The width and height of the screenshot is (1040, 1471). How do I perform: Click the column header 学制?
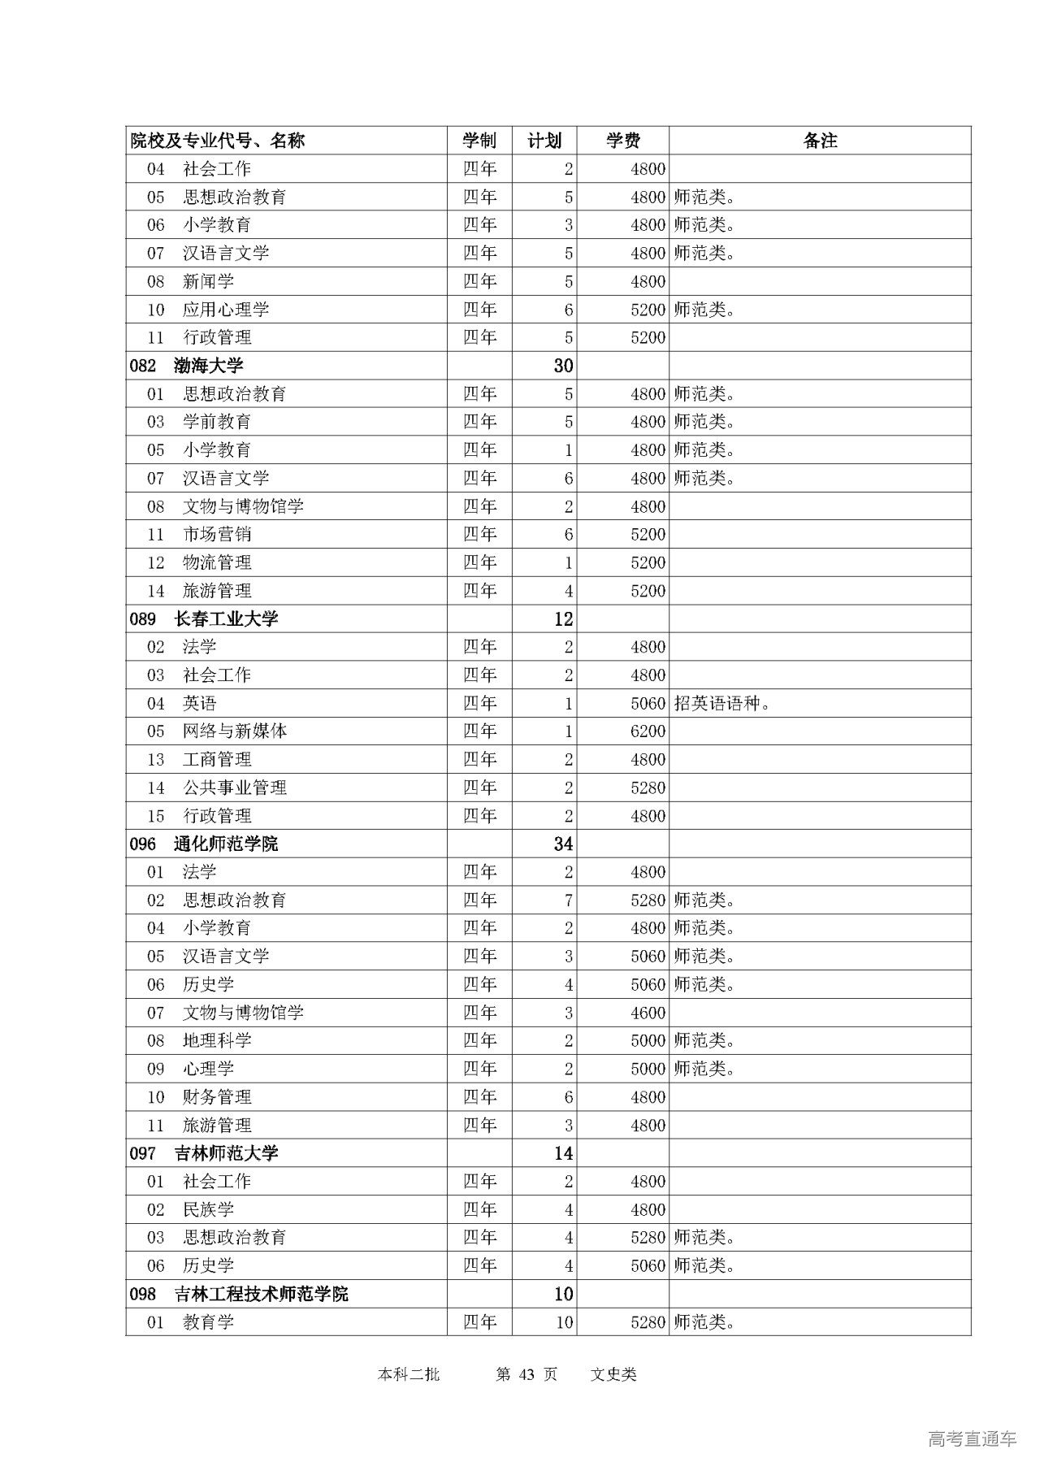[479, 141]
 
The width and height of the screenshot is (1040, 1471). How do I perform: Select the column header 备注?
[820, 141]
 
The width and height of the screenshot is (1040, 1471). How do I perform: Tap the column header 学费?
[623, 141]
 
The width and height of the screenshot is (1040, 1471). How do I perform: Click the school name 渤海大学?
[208, 366]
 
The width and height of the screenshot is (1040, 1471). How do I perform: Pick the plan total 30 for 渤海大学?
[563, 366]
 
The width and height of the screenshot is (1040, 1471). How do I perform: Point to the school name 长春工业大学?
[226, 619]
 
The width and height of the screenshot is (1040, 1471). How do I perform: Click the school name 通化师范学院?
[226, 844]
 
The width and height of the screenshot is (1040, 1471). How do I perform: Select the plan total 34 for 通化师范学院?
[563, 844]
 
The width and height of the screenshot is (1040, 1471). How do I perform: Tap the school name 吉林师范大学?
[226, 1153]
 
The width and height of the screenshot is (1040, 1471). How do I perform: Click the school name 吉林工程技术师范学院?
[261, 1294]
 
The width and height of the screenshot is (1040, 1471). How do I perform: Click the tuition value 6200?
[648, 731]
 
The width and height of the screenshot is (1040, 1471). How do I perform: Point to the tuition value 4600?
[648, 1013]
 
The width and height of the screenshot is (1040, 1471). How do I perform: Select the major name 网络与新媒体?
[235, 731]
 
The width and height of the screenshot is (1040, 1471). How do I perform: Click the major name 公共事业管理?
[235, 788]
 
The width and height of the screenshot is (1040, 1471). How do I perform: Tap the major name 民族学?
[209, 1210]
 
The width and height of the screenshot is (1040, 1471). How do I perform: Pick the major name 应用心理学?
[226, 310]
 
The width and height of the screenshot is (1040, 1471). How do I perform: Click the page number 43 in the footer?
[526, 1374]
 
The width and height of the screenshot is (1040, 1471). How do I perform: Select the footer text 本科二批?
[409, 1374]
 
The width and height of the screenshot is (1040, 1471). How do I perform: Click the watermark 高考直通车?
[972, 1438]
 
